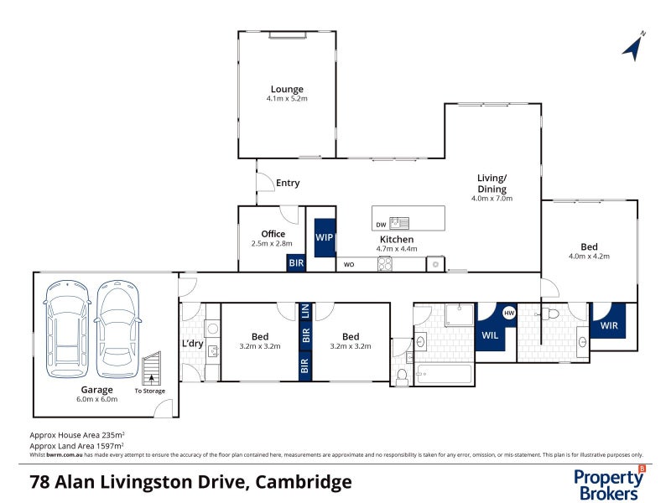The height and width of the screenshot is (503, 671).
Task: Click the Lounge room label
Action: (287, 89)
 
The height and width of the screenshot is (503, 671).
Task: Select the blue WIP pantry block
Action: (325, 237)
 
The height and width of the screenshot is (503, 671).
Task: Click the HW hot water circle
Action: (508, 313)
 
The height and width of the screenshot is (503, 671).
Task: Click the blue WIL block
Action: (491, 334)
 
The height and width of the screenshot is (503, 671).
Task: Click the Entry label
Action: (288, 183)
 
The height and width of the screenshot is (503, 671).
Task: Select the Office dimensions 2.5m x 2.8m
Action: (273, 243)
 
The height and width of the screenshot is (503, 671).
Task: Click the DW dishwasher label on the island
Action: (382, 224)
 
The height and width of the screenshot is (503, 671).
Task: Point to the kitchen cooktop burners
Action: (386, 264)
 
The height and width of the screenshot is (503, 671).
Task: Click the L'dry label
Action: (192, 345)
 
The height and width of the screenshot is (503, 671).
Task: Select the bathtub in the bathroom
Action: (443, 375)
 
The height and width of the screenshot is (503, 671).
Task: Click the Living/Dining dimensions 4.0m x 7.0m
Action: (492, 199)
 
